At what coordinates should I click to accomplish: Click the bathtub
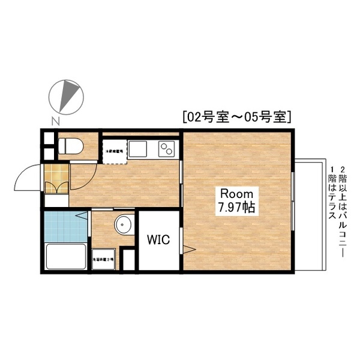tap(66, 256)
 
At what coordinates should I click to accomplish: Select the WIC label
tap(158, 239)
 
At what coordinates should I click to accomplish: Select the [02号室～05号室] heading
tap(236, 116)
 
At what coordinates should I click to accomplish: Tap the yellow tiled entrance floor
tap(56, 179)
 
